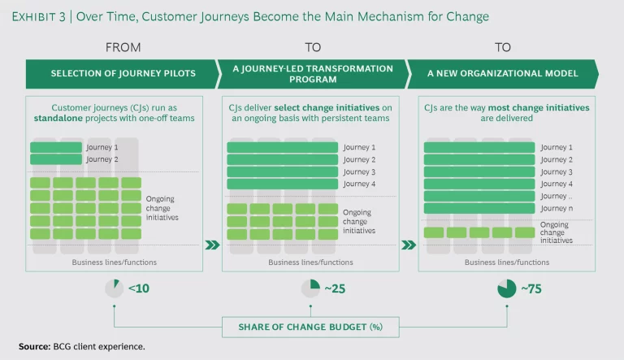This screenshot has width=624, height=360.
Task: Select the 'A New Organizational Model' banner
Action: click(503, 73)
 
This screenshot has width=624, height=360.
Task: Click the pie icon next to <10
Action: click(113, 288)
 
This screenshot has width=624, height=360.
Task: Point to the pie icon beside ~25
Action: click(310, 288)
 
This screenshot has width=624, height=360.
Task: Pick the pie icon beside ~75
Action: click(506, 288)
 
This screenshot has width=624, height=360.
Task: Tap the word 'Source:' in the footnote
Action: click(33, 346)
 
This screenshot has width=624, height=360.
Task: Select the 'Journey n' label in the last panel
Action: click(557, 209)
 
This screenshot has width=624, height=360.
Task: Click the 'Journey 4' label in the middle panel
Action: click(359, 184)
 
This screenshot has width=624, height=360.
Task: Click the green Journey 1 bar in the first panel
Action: click(56, 147)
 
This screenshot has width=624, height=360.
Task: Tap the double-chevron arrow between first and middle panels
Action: click(212, 244)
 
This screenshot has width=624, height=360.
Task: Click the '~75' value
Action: click(532, 288)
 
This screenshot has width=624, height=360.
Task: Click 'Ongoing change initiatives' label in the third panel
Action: click(556, 232)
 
